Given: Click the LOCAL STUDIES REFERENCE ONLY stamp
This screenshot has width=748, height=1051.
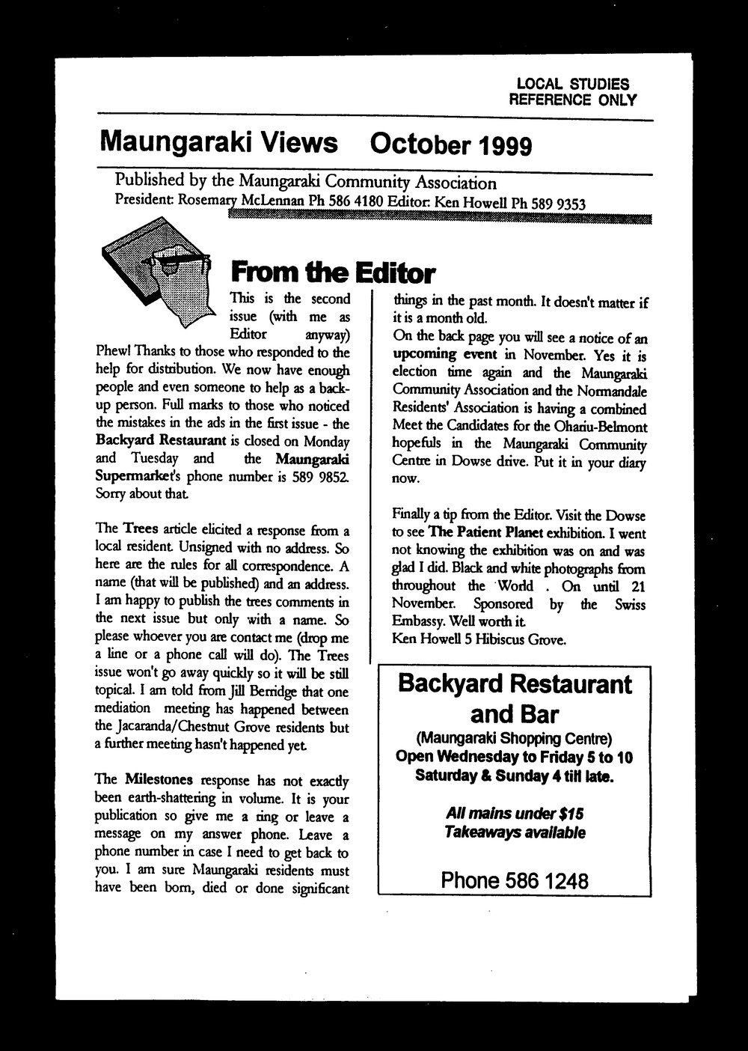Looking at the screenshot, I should pyautogui.click(x=571, y=92).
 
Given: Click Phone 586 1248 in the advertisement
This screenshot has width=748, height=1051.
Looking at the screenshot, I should pyautogui.click(x=515, y=880).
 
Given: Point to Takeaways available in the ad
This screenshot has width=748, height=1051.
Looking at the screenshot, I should pyautogui.click(x=515, y=832).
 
